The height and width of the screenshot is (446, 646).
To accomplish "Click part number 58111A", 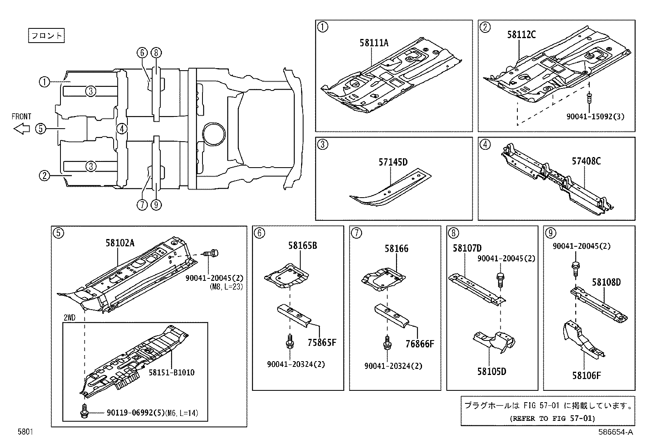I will click(x=373, y=43).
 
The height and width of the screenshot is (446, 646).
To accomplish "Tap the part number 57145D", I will click(x=392, y=162).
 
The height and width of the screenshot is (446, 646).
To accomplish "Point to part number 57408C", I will click(x=586, y=161).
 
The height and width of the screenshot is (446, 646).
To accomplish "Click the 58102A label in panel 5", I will click(x=120, y=243).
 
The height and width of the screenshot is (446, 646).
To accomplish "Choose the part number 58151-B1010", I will click(x=171, y=372).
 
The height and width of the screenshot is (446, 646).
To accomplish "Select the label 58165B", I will click(x=302, y=245).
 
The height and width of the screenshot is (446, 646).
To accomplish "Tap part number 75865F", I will click(x=322, y=343).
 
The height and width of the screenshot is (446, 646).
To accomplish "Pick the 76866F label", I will click(x=420, y=344).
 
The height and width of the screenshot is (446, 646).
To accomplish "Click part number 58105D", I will click(x=491, y=371).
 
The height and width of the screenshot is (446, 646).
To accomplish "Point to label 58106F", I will click(x=586, y=375).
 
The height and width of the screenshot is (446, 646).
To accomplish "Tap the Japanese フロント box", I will click(x=47, y=36).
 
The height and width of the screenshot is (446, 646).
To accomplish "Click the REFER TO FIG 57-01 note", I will click(x=552, y=418).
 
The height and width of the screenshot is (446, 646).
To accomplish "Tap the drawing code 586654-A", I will click(x=615, y=432).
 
